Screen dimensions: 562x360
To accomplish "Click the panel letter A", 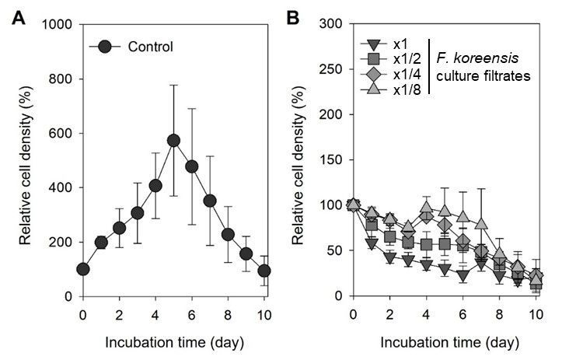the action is [x=19, y=17].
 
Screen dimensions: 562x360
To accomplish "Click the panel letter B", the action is [x=293, y=17].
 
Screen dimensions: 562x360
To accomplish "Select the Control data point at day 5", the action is [x=173, y=141].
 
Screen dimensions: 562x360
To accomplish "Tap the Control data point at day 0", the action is [x=83, y=269].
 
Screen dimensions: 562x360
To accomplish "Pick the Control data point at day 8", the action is [x=228, y=235].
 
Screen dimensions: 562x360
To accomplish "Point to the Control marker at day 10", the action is [x=264, y=271].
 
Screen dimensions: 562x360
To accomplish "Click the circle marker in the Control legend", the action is [x=105, y=47].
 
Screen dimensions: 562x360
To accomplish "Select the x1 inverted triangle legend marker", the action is [x=373, y=44].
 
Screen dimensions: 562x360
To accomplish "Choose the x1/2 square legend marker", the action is [x=373, y=58].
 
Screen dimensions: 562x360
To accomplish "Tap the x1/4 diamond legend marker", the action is [x=373, y=74].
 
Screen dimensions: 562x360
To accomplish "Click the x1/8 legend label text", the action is [x=407, y=89].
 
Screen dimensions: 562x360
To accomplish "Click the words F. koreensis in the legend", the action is [x=477, y=58].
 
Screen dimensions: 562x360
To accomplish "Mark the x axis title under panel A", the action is [x=175, y=343].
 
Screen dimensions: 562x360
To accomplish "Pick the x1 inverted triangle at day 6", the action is [x=463, y=276].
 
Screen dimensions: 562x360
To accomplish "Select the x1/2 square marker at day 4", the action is [x=427, y=245].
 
